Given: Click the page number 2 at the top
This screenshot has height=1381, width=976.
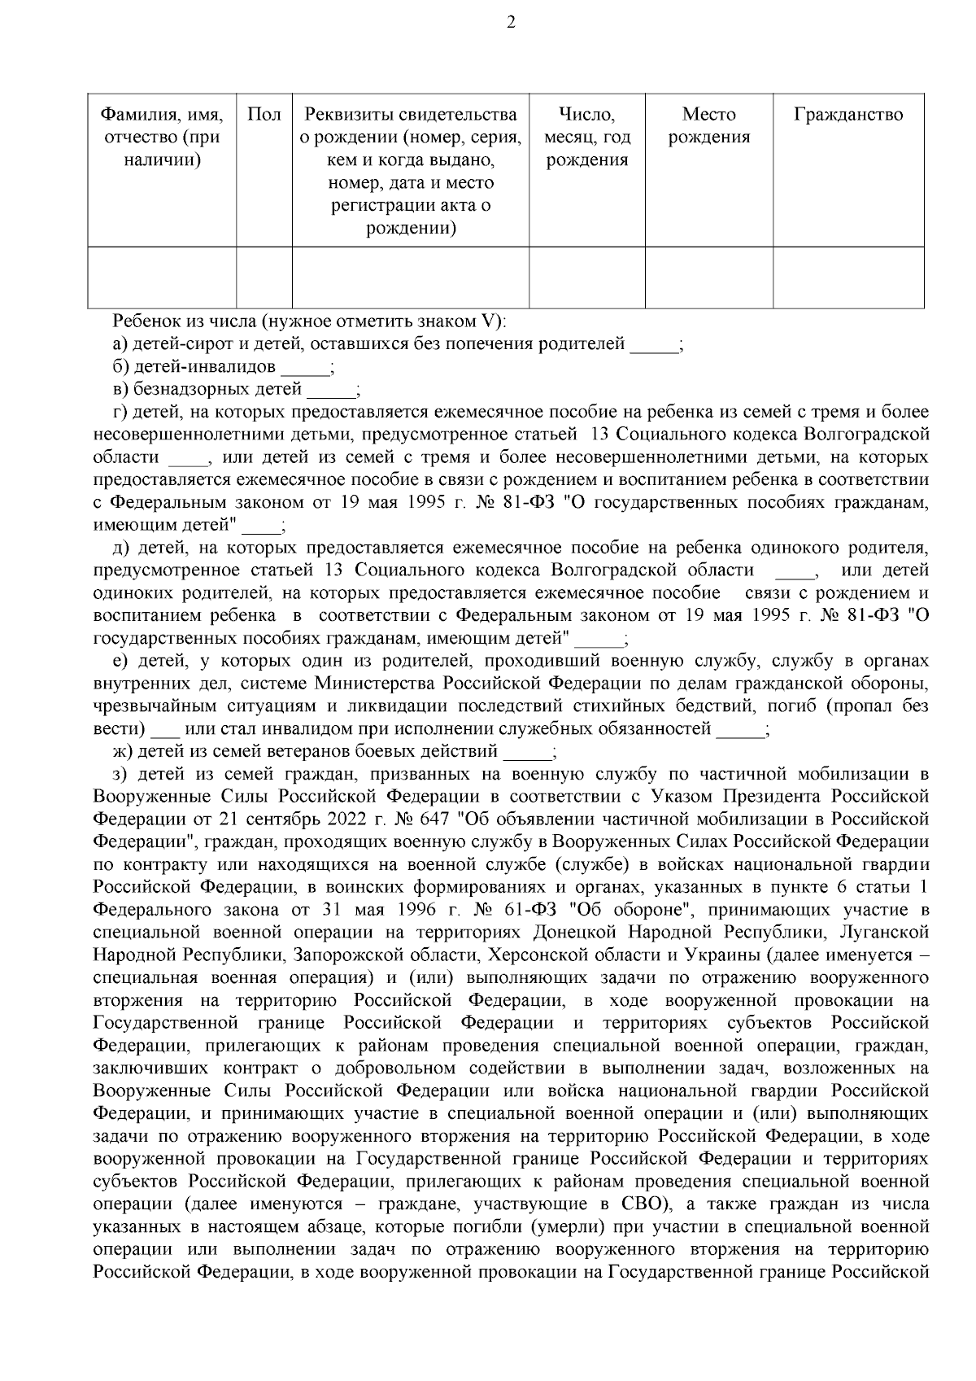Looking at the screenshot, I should pyautogui.click(x=510, y=23).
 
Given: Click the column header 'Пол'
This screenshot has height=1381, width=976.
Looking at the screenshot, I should pyautogui.click(x=264, y=115).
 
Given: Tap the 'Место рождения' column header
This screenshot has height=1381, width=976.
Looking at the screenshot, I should pyautogui.click(x=708, y=126).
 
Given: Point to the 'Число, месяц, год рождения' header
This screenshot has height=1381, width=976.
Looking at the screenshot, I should pyautogui.click(x=586, y=138).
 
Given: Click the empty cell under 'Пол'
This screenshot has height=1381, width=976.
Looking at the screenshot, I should pyautogui.click(x=264, y=278).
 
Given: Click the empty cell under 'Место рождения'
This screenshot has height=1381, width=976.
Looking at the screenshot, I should pyautogui.click(x=708, y=278).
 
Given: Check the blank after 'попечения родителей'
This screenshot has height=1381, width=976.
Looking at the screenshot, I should pyautogui.click(x=654, y=345).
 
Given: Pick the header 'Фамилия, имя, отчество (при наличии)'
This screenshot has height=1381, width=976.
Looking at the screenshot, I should pyautogui.click(x=162, y=138).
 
